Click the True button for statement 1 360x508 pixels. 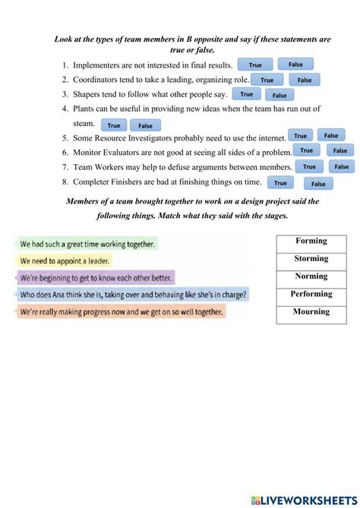click(x=255, y=65)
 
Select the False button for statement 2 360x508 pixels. click(x=305, y=80)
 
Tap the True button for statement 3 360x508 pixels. click(x=246, y=94)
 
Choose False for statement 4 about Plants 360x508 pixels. click(x=145, y=126)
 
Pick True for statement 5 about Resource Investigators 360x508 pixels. click(x=300, y=136)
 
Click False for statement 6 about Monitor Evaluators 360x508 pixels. click(x=339, y=150)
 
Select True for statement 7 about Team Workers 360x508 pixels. click(x=309, y=167)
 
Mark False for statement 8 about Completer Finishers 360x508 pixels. click(x=318, y=184)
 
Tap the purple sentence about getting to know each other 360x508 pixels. click(x=96, y=278)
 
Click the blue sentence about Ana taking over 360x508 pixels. click(x=133, y=295)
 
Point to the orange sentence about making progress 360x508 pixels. click(x=122, y=311)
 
